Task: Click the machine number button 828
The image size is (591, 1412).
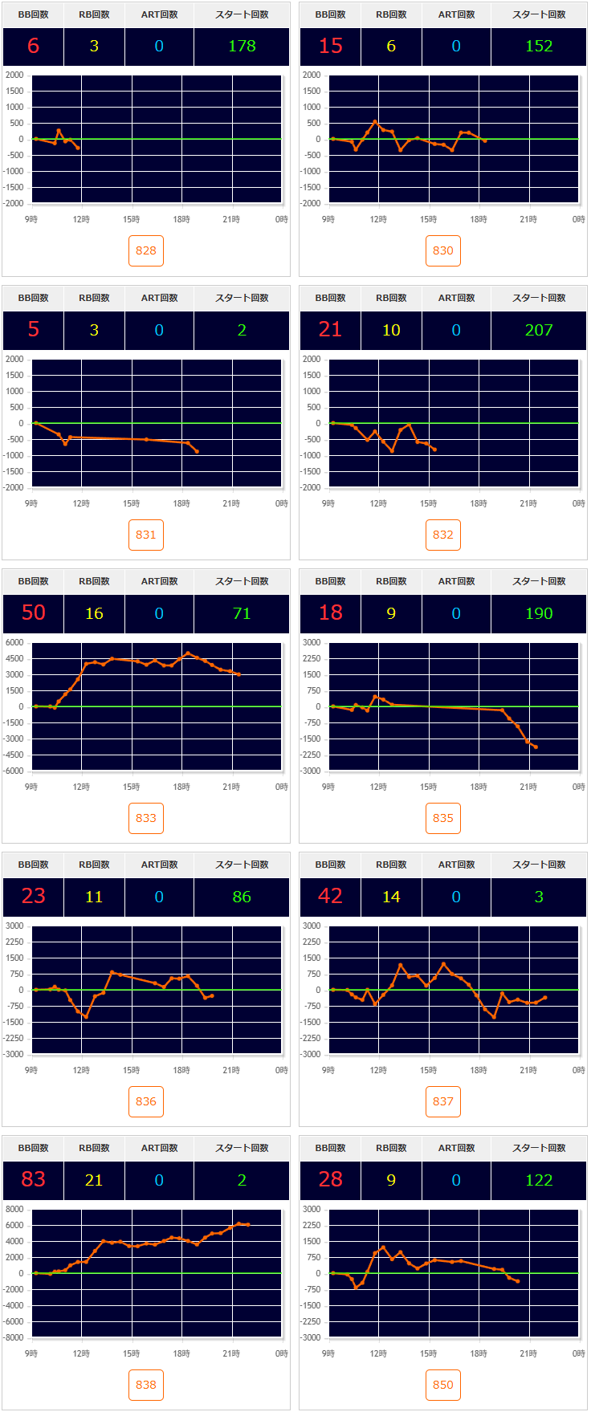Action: [146, 250]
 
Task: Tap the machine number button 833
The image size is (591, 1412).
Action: [146, 818]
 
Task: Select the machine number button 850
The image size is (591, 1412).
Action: [443, 1385]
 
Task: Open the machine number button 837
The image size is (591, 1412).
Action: [443, 1101]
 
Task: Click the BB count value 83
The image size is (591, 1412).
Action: [34, 1179]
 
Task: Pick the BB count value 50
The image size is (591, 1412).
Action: [34, 612]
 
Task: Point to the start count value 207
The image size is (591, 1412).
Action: [539, 330]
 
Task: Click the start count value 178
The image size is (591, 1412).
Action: [242, 46]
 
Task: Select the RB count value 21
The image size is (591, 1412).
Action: [94, 1180]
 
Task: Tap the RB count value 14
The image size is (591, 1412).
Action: [391, 897]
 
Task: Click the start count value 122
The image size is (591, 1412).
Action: [539, 1180]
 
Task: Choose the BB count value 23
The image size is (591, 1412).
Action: [34, 896]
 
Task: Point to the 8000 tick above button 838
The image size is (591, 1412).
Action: [14, 1209]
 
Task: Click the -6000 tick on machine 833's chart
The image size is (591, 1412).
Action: [14, 771]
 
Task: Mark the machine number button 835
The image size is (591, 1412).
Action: [443, 818]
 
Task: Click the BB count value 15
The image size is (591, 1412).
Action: [331, 46]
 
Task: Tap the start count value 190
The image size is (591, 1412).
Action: [539, 613]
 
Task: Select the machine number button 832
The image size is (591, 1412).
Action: [443, 535]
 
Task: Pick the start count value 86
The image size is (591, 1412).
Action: [242, 897]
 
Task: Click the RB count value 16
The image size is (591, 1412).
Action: [94, 613]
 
